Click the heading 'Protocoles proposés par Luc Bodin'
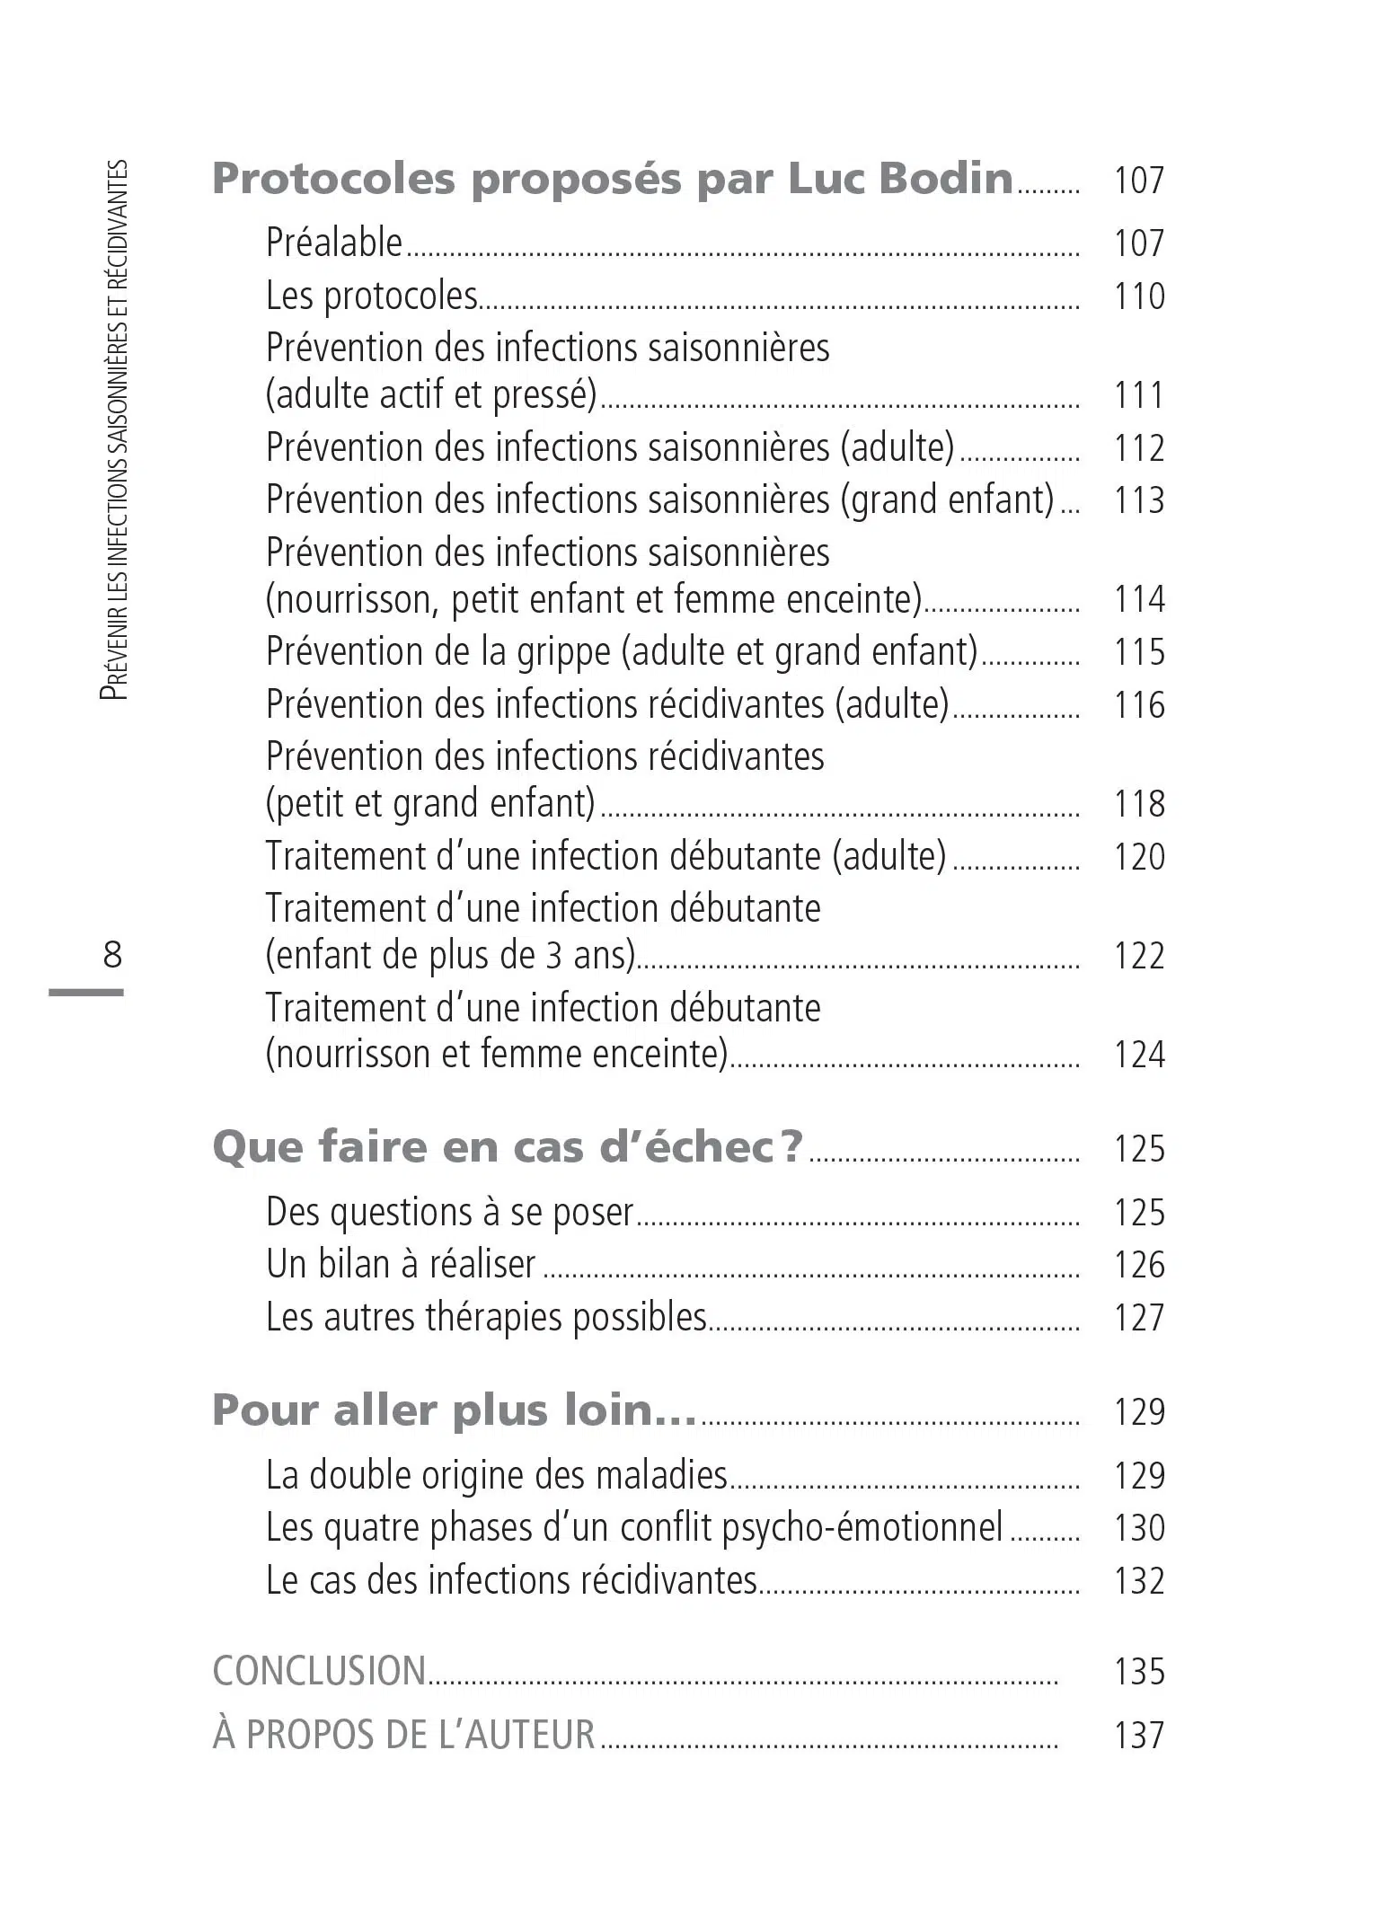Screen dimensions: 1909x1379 coord(613,179)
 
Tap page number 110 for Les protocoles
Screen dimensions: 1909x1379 coord(1138,296)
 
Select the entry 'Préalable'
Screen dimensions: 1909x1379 coord(334,243)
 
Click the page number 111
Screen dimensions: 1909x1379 coord(1138,395)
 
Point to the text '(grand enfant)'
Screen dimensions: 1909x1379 coord(947,499)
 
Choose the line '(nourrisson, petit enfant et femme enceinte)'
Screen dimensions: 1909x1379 coord(594,599)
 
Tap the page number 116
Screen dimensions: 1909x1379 coord(1138,705)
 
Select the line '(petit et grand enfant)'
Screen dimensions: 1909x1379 coord(430,803)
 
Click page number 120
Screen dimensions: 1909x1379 coord(1138,856)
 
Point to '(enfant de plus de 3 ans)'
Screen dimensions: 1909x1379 coord(450,955)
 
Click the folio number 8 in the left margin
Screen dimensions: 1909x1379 coord(111,954)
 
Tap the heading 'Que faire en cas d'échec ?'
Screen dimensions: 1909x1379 coord(508,1147)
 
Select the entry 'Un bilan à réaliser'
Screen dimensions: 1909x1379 coord(401,1265)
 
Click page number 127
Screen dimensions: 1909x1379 coord(1138,1318)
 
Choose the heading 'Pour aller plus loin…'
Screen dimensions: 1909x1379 coord(454,1410)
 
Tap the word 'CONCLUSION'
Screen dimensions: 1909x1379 coord(319,1671)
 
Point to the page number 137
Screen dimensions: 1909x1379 coord(1138,1735)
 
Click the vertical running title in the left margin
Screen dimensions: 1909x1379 coord(115,431)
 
